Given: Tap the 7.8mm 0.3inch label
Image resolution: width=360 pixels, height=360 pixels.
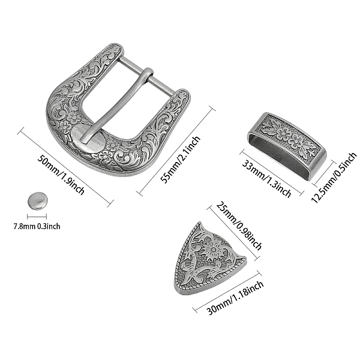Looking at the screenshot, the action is point(37,226).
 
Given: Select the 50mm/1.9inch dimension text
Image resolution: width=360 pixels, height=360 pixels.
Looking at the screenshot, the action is point(61,175).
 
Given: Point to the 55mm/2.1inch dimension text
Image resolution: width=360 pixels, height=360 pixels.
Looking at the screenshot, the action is point(181,157).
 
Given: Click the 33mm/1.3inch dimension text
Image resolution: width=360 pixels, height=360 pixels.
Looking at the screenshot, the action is point(267,178).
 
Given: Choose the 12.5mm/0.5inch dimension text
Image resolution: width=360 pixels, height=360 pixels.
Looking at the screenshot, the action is point(334,178).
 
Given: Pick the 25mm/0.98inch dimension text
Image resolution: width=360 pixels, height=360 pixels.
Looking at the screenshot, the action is point(239,226).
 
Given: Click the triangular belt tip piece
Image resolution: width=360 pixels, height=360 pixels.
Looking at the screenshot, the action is point(208,259).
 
